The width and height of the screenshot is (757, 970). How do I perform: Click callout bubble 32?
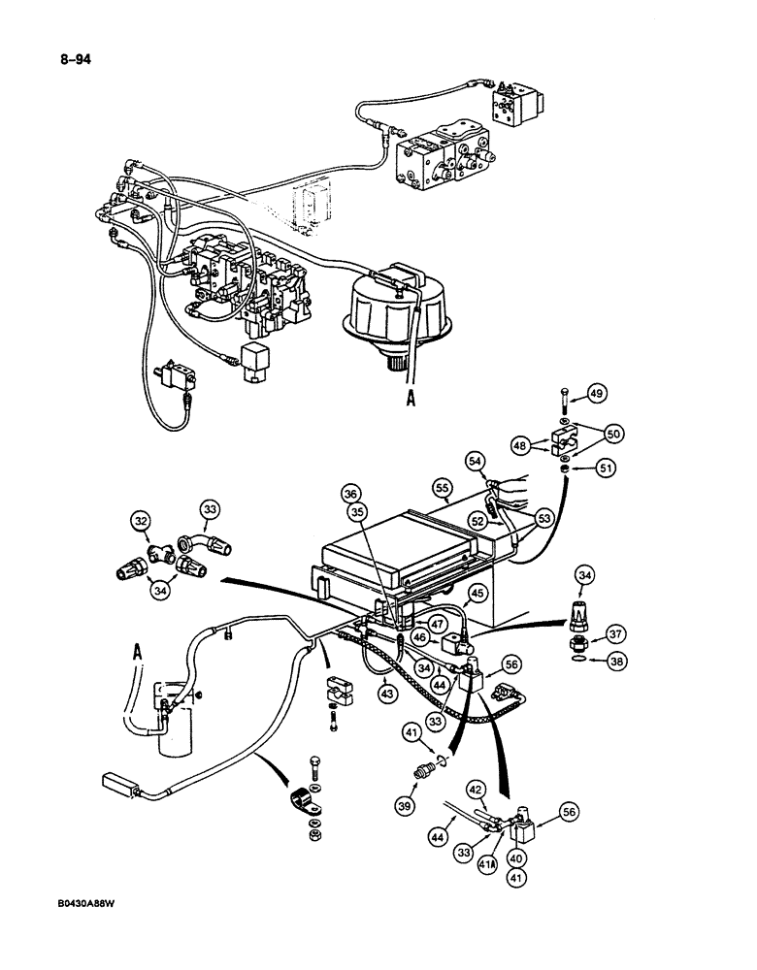coord(144,521)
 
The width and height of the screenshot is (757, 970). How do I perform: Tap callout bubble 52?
coord(477,520)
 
